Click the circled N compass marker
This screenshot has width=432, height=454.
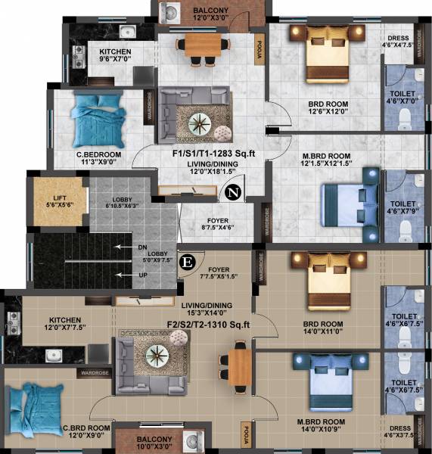233,192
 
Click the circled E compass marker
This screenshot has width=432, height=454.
188,263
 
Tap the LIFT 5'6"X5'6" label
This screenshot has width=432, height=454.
60,201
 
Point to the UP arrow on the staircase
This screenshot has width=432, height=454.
123,275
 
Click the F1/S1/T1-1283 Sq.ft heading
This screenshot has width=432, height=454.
213,153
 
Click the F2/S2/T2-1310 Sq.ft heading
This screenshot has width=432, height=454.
209,325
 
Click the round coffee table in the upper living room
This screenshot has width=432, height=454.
200,124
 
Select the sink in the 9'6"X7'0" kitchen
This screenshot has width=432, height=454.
128,32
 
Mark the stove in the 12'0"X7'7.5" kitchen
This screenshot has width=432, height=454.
13,323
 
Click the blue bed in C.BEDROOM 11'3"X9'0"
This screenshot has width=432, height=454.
98,119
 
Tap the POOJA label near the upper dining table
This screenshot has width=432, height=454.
260,49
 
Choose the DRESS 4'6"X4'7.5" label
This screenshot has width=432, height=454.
398,41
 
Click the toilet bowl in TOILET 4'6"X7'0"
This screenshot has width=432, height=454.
405,120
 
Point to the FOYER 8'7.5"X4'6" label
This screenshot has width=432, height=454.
218,224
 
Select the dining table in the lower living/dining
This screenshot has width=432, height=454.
240,367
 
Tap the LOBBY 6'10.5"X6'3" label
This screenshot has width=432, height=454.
122,202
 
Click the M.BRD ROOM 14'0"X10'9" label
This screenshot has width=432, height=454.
321,425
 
